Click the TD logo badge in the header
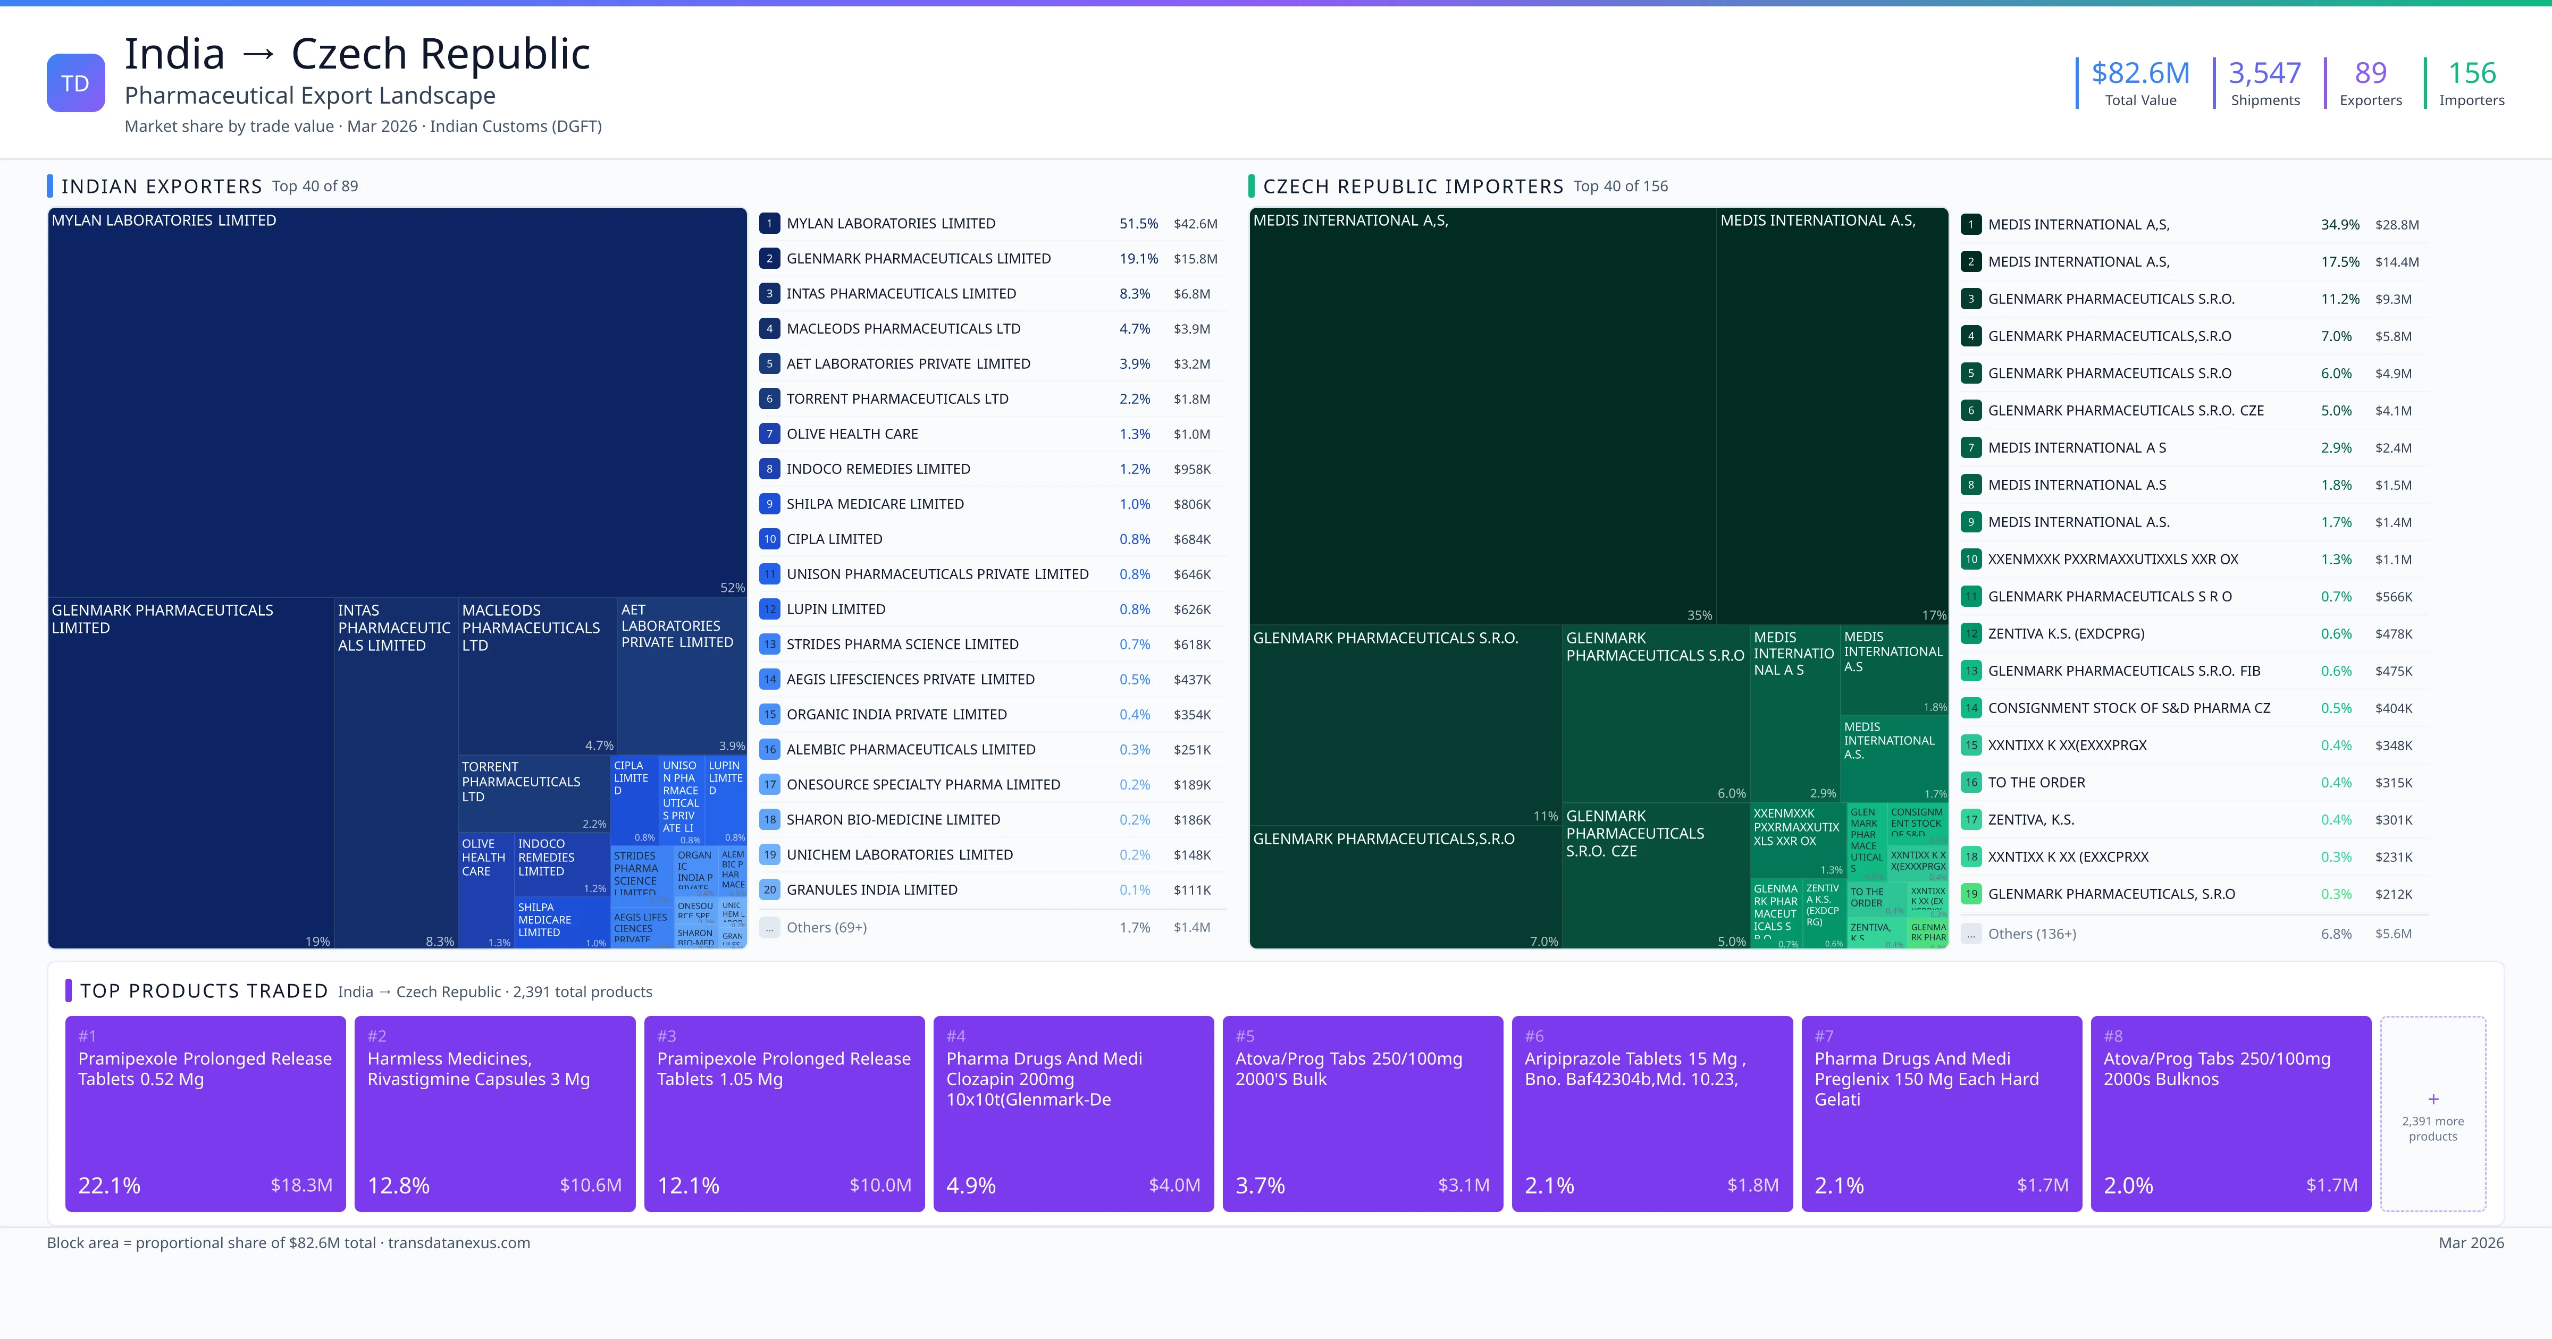coord(75,83)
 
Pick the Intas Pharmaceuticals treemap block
coord(395,773)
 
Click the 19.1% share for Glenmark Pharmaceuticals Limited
coord(1138,258)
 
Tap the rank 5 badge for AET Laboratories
coord(769,363)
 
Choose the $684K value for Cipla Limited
coord(1192,539)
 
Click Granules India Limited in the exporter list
coord(872,889)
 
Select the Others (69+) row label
coord(826,927)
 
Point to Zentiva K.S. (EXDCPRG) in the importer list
coord(2066,634)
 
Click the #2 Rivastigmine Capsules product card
coord(494,1113)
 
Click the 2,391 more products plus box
coord(2432,1113)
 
